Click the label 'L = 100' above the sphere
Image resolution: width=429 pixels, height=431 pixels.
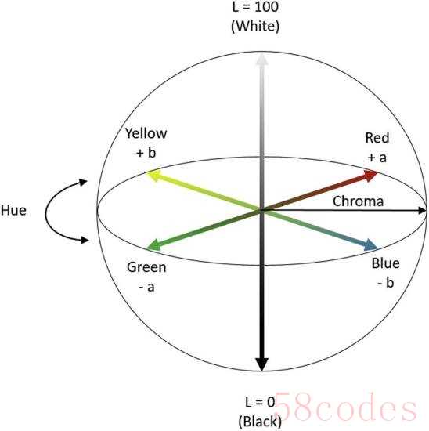tap(255, 6)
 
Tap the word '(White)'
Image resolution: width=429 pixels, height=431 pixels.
tap(255, 27)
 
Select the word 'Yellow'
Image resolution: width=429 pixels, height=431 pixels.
tap(146, 134)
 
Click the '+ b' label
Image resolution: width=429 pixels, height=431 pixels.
tap(146, 152)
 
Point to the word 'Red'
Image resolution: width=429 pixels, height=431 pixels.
tap(377, 138)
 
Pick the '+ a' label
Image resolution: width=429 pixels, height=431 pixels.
tap(377, 158)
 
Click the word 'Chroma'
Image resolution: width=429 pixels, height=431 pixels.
tap(358, 201)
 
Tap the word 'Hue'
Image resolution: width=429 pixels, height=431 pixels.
tap(13, 211)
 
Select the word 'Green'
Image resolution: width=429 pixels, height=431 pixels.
tap(146, 267)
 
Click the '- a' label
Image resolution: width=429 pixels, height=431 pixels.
tap(146, 288)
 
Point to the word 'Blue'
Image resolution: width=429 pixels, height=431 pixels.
tap(385, 263)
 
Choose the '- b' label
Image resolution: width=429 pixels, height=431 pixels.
tap(386, 282)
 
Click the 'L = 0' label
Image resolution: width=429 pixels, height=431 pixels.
tap(260, 402)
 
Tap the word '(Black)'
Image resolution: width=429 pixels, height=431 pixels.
tap(260, 422)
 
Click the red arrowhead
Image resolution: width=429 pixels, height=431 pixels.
tap(371, 175)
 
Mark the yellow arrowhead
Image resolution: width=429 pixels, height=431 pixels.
tap(153, 176)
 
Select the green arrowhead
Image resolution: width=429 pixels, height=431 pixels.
tap(153, 244)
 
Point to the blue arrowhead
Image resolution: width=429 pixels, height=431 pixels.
tap(371, 244)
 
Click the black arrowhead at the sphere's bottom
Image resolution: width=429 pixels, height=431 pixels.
tap(261, 364)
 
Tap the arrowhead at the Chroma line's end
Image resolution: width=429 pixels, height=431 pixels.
tap(422, 211)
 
